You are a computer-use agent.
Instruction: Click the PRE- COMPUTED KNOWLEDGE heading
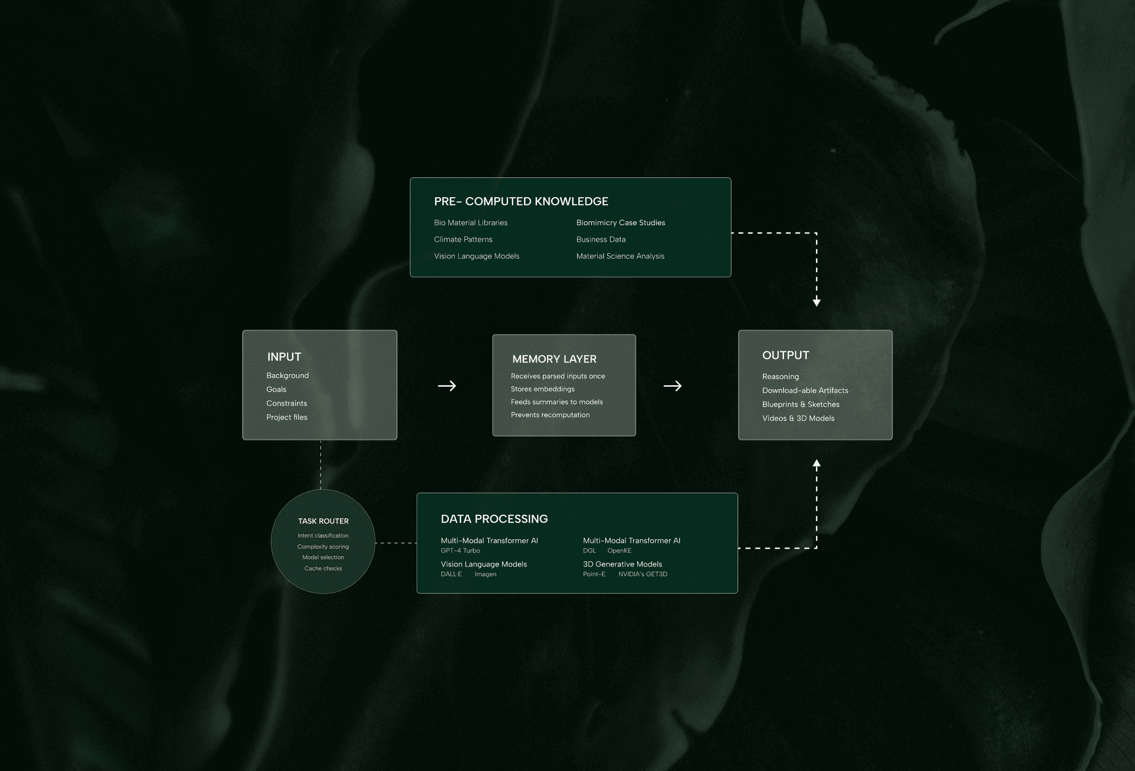point(521,201)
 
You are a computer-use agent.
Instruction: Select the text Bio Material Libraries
point(470,223)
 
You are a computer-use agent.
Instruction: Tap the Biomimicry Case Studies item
point(620,223)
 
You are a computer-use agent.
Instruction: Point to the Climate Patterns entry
point(463,239)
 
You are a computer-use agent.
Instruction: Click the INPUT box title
point(284,357)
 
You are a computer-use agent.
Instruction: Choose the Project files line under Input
point(287,417)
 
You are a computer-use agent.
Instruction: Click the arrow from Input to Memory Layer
point(446,386)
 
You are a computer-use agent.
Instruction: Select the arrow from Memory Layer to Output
point(672,386)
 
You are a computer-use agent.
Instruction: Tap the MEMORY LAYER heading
point(554,359)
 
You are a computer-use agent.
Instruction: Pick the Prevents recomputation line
point(550,415)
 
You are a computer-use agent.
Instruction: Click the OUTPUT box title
point(786,355)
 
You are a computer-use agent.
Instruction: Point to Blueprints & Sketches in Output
point(800,404)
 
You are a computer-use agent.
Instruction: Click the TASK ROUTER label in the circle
point(323,521)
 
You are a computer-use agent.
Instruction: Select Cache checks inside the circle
point(323,568)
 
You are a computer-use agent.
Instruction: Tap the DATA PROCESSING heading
point(494,519)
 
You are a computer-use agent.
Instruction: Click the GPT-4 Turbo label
point(460,550)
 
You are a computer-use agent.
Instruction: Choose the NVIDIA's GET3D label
point(642,574)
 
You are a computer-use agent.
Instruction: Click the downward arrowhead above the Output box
point(816,302)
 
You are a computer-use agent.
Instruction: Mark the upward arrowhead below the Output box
point(816,464)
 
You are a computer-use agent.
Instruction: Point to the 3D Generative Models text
point(622,564)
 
